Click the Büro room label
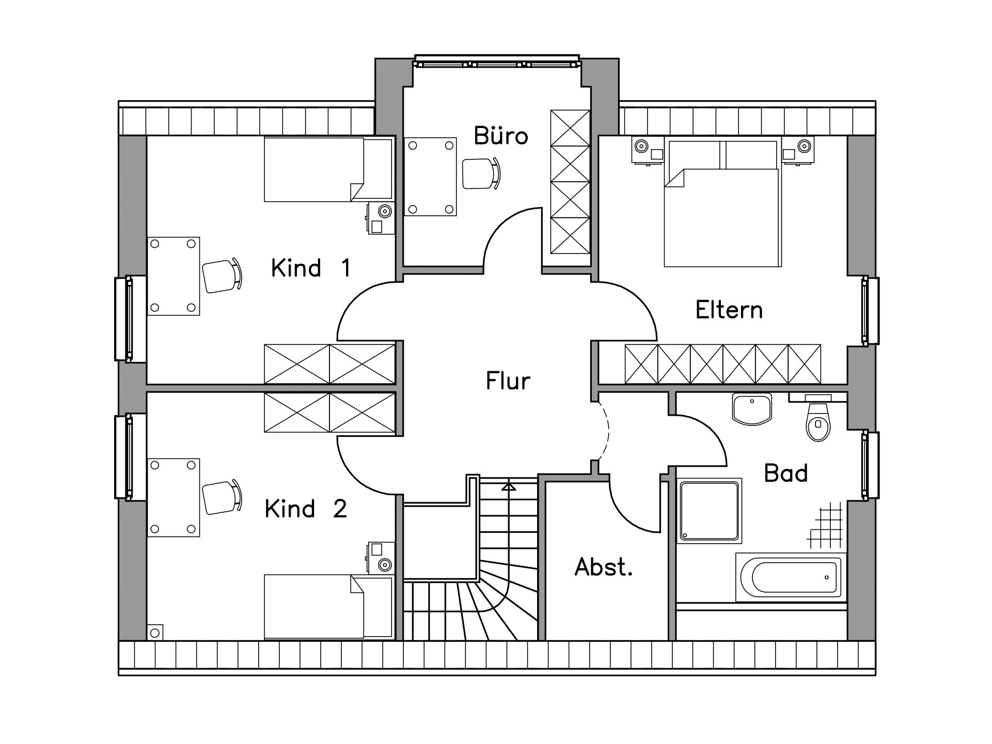pos(501,135)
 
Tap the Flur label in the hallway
pos(508,381)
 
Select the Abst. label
pos(604,567)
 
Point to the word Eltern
pos(729,310)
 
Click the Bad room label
pos(785,473)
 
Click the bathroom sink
pos(752,408)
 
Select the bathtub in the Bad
pos(791,577)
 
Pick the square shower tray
pos(709,510)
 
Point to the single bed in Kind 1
pos(328,169)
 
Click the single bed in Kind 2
pos(328,607)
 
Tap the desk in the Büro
pos(430,176)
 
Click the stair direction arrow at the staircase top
pos(509,486)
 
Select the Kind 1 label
pos(311,268)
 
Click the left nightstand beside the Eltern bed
pos(648,150)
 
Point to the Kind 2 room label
pos(306,509)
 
